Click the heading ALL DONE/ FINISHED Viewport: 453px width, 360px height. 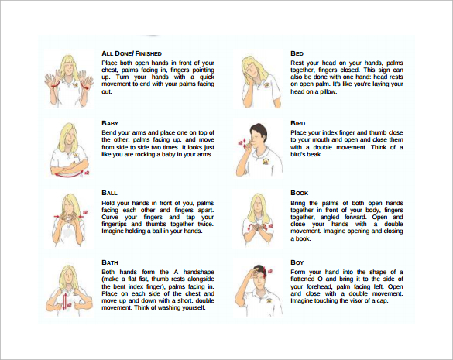132,53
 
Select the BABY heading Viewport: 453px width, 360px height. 109,123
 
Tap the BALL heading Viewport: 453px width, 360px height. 109,193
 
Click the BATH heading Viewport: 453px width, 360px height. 110,262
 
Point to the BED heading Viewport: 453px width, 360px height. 297,53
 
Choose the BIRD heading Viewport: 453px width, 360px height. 299,123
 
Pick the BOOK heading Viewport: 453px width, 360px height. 300,193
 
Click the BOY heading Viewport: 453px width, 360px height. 298,262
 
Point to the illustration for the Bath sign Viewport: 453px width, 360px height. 67,289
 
